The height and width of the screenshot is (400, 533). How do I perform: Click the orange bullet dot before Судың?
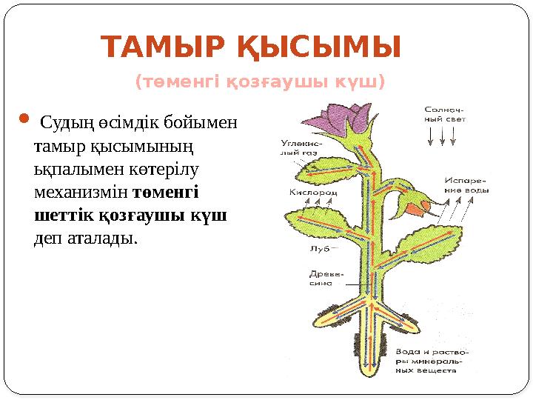tap(22, 118)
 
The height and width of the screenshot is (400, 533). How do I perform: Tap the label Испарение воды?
tap(467, 185)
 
